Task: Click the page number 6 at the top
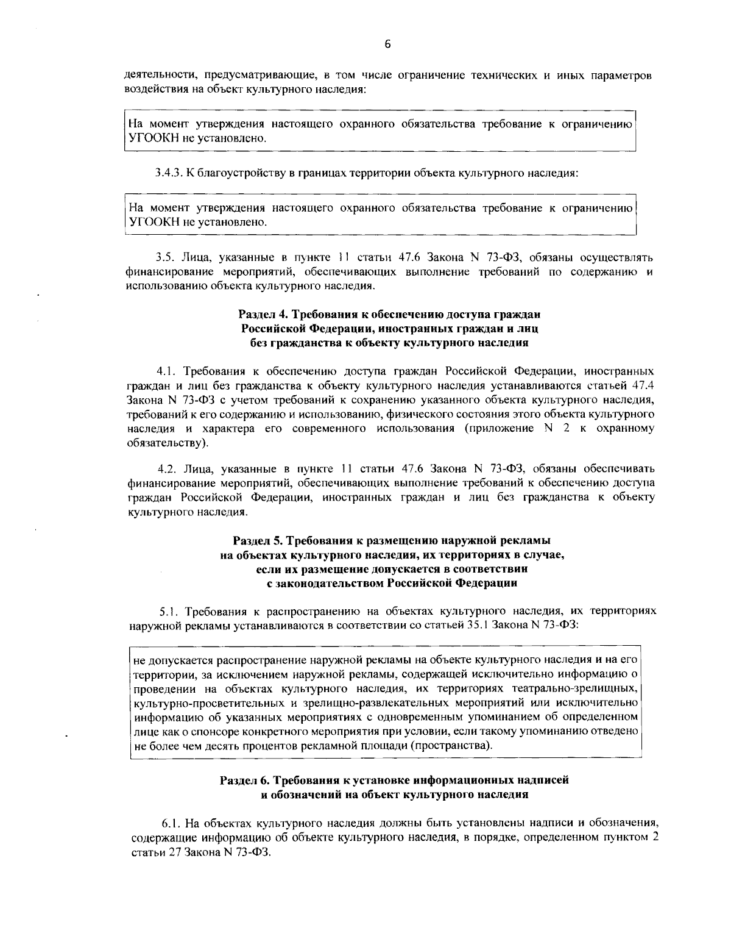(x=387, y=43)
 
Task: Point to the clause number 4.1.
(x=166, y=371)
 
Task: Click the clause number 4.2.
(x=166, y=469)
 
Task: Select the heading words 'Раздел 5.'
(x=256, y=541)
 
